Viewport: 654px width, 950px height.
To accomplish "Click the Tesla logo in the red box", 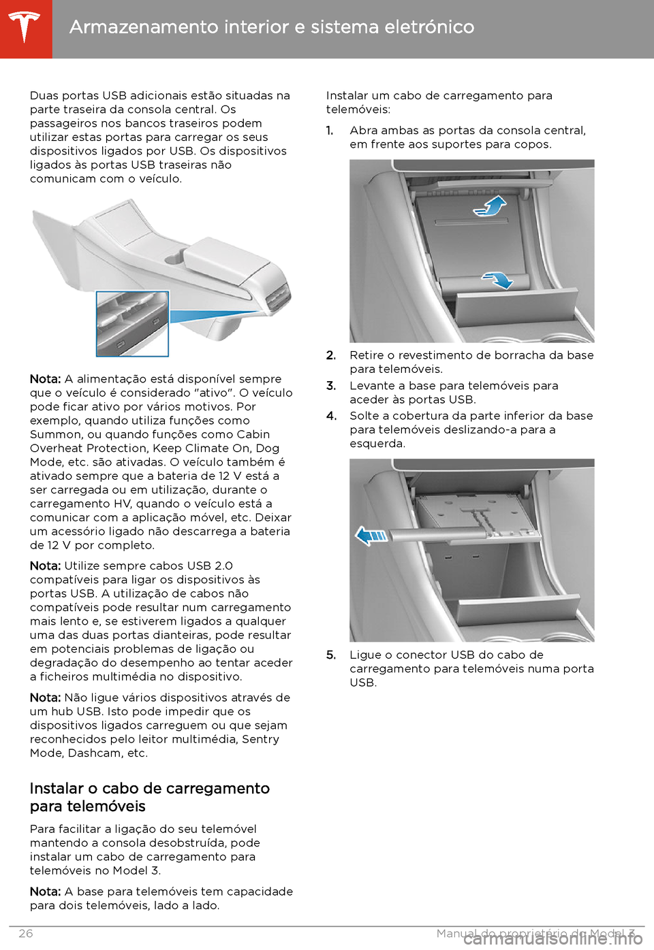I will (25, 27).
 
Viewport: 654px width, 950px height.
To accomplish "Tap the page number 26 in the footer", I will (25, 933).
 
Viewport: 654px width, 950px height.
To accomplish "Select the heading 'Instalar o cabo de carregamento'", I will (150, 788).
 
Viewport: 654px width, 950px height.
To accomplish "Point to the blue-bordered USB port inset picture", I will (132, 324).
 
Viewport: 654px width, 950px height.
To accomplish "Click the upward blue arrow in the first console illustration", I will (492, 206).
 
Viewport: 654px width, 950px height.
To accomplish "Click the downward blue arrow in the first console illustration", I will (498, 279).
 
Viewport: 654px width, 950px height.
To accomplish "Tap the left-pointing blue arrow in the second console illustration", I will (372, 536).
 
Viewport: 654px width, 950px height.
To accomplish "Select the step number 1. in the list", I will (330, 131).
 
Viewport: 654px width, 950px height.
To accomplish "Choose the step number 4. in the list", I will (331, 416).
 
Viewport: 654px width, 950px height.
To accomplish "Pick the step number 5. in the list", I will (331, 655).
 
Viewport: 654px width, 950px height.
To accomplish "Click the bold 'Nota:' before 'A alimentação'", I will (46, 379).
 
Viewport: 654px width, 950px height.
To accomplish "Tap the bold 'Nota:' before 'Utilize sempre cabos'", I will (46, 566).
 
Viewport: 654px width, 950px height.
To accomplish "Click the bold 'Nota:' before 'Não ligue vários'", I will (46, 698).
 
